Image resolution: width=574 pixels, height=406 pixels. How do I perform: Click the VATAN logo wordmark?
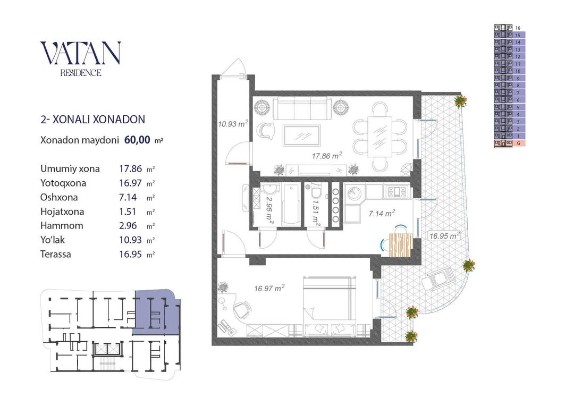(80, 54)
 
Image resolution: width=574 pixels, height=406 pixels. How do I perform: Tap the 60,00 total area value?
(137, 139)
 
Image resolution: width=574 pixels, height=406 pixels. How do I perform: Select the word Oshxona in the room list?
(59, 197)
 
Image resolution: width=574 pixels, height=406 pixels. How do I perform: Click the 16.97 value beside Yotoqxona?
(130, 183)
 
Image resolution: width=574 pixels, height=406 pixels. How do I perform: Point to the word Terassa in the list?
(56, 254)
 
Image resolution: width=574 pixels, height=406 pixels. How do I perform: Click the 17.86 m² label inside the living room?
(326, 156)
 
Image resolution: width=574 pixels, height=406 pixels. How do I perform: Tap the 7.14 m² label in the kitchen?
(382, 213)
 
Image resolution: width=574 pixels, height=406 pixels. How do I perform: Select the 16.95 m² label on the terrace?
(444, 236)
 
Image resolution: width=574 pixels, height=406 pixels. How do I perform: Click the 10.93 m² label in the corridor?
(233, 124)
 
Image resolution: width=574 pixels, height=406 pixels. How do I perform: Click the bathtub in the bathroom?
(291, 204)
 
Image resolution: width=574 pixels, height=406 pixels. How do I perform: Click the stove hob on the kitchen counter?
(396, 191)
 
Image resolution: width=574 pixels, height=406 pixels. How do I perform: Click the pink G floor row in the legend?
(509, 143)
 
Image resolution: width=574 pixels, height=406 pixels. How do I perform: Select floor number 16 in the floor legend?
(518, 28)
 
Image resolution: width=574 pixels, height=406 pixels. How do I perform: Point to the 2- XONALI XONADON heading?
(92, 120)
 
